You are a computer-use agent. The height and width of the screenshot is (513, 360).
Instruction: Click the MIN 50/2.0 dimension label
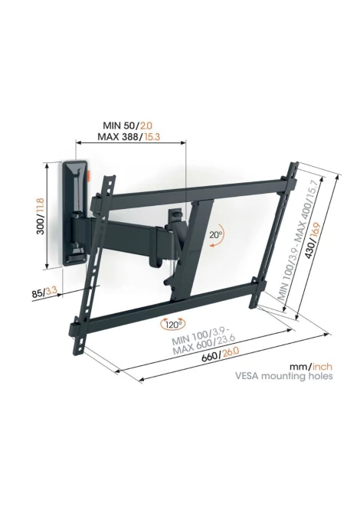point(128,126)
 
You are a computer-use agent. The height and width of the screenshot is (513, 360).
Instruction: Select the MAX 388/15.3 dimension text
point(129,137)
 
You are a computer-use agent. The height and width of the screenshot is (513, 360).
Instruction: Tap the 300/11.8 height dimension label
point(41,215)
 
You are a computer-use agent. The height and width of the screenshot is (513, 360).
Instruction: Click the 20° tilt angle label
point(216,234)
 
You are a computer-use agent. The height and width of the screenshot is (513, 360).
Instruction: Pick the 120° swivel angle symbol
point(172,325)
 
